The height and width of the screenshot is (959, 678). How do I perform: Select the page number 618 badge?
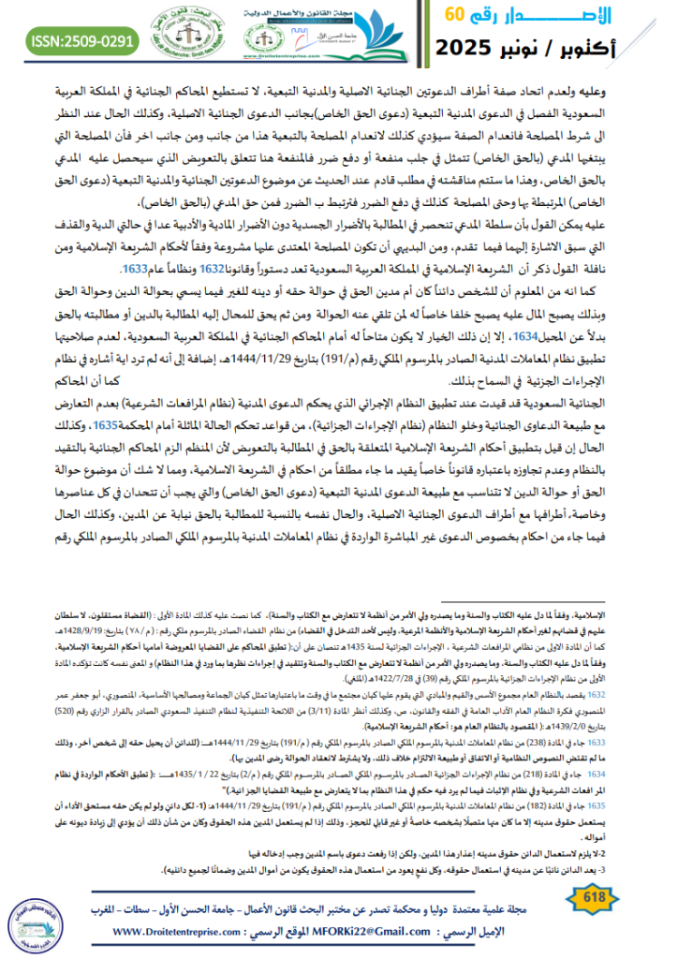[x=621, y=901]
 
